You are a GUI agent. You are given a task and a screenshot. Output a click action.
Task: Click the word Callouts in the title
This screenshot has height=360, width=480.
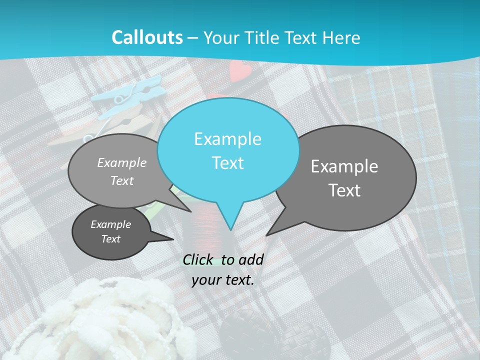point(147,37)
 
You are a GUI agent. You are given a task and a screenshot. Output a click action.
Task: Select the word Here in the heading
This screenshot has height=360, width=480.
point(342,37)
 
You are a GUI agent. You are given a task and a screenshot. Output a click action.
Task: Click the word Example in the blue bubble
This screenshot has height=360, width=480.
point(227,139)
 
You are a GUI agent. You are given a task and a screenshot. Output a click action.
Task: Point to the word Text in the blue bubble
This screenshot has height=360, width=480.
point(227,163)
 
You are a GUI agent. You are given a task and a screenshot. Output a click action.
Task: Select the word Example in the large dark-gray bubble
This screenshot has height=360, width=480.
point(344,166)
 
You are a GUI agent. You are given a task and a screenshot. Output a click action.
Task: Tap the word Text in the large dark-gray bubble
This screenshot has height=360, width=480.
point(344,190)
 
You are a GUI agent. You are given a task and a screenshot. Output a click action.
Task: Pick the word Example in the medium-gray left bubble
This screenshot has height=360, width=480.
point(122,162)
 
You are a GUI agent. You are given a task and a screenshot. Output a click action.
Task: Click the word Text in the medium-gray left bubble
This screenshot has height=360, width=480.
point(122,181)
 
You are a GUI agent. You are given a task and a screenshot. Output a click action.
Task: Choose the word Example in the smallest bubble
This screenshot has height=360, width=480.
point(110,224)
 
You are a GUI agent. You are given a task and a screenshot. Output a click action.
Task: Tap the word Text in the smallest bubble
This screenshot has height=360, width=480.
point(110,239)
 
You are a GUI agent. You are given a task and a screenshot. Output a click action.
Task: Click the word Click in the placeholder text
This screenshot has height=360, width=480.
point(199,259)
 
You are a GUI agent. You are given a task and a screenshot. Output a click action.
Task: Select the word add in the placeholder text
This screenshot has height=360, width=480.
point(251,259)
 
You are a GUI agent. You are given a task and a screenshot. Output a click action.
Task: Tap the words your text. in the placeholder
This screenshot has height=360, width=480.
point(223,280)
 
